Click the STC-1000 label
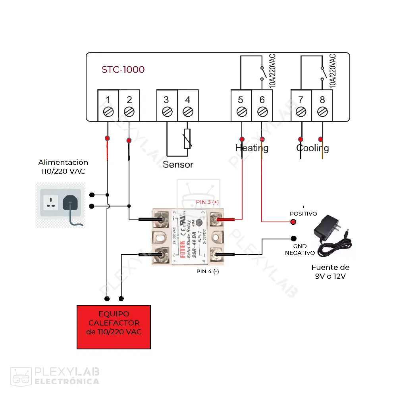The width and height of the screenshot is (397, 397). pos(123,69)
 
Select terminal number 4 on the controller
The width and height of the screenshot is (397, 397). pos(188,106)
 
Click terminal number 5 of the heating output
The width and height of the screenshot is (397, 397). pos(241,106)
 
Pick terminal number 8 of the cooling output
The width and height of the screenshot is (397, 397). pos(322,106)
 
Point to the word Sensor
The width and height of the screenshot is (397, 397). pos(178,164)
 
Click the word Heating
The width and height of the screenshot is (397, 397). pos(252,148)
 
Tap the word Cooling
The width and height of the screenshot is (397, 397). pos(312,148)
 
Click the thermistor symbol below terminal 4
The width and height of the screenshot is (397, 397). pos(187,139)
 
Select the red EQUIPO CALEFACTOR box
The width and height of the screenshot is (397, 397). pos(114,327)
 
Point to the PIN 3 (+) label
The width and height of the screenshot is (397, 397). pos(207,202)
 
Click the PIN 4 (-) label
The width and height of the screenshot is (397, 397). pos(208,272)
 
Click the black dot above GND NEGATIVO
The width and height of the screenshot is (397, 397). pos(293,239)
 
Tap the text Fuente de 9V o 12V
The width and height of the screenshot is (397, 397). pos(330,272)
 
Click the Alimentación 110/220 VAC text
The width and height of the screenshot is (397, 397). pos(63,167)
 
